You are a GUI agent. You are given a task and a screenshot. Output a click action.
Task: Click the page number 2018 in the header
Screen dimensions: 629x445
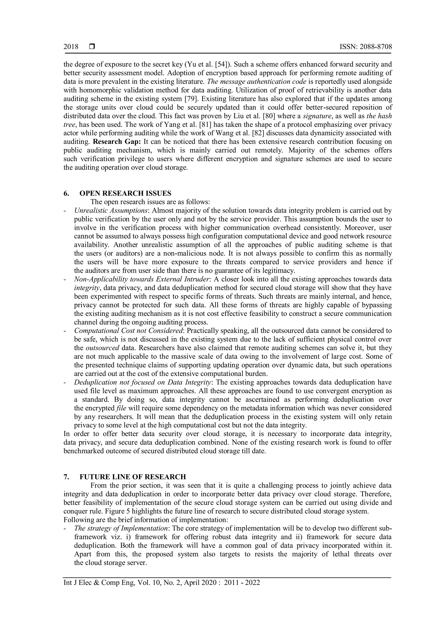71,47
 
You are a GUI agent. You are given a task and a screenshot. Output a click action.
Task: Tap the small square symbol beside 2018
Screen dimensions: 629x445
92,47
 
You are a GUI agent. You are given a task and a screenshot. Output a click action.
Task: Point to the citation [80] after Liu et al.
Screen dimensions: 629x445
270,116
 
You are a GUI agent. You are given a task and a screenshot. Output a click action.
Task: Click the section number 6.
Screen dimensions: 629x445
66,193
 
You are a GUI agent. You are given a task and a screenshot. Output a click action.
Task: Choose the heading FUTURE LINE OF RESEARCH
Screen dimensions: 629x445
133,477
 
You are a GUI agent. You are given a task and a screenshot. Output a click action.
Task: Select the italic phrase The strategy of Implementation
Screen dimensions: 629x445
121,528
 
